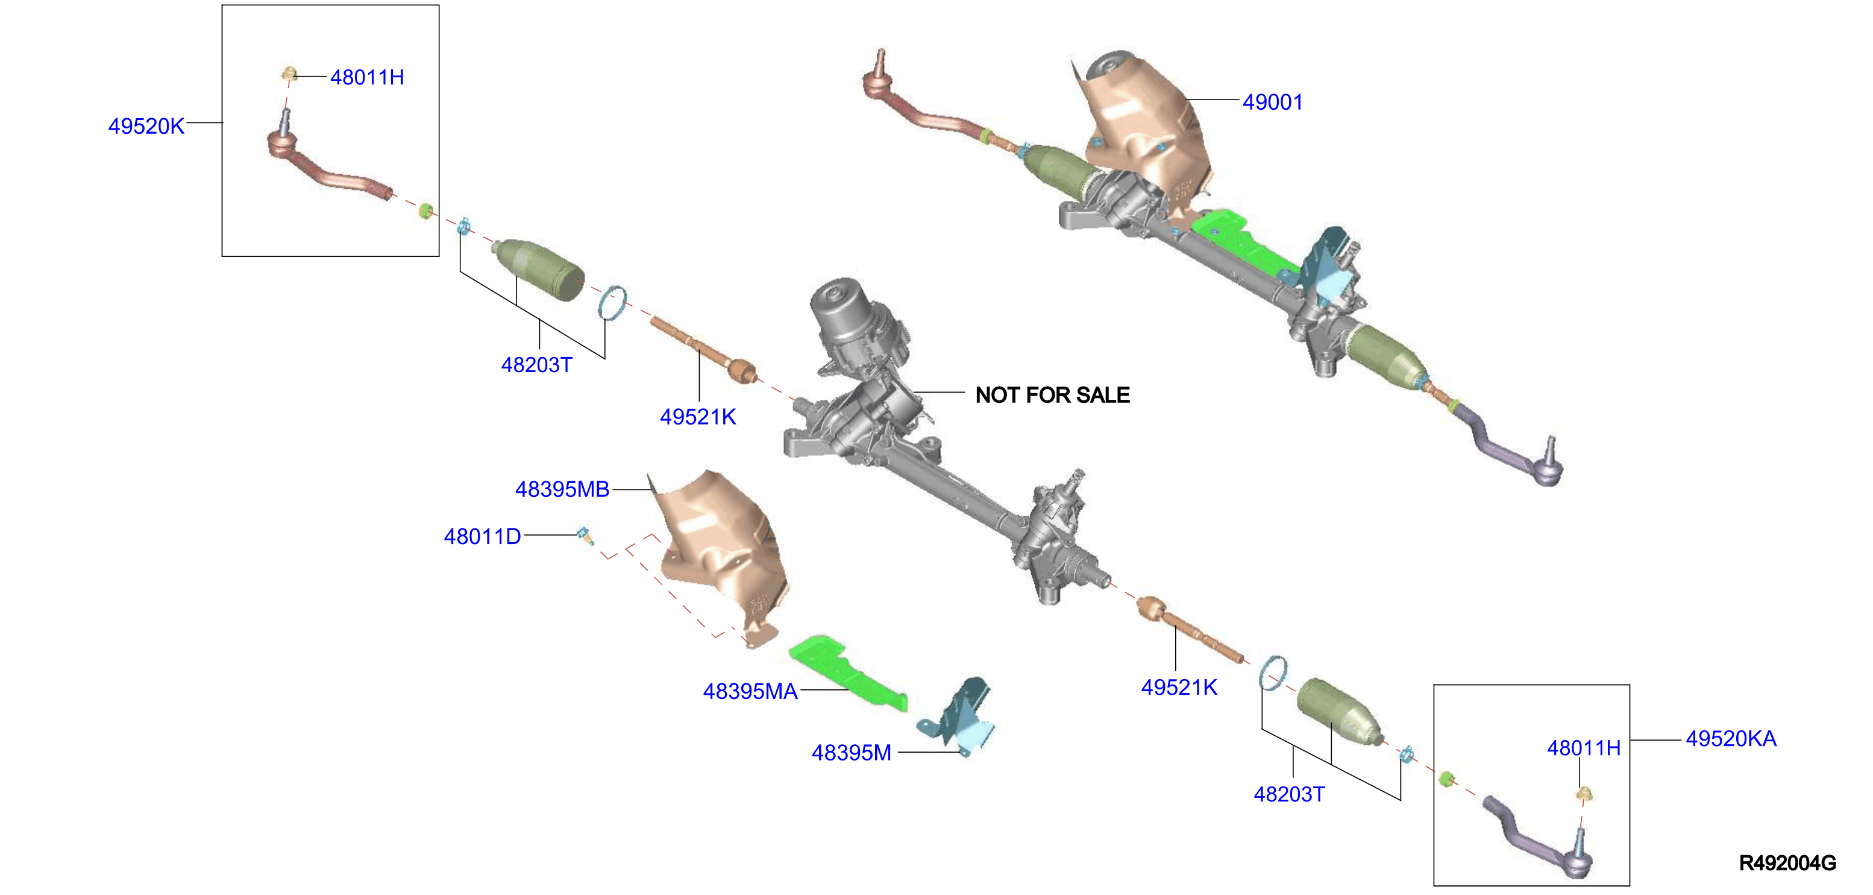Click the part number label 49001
(1272, 102)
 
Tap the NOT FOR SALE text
(1052, 395)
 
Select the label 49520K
(146, 126)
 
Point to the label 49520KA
(1731, 739)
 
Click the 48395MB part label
(562, 489)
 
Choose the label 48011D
(482, 536)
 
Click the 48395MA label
(750, 691)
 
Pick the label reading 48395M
(852, 753)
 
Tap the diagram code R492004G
(1787, 863)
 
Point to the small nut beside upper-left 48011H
(289, 74)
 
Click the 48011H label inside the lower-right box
(1584, 748)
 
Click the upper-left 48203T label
(536, 364)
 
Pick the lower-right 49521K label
(1179, 687)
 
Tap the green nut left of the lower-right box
(1446, 779)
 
